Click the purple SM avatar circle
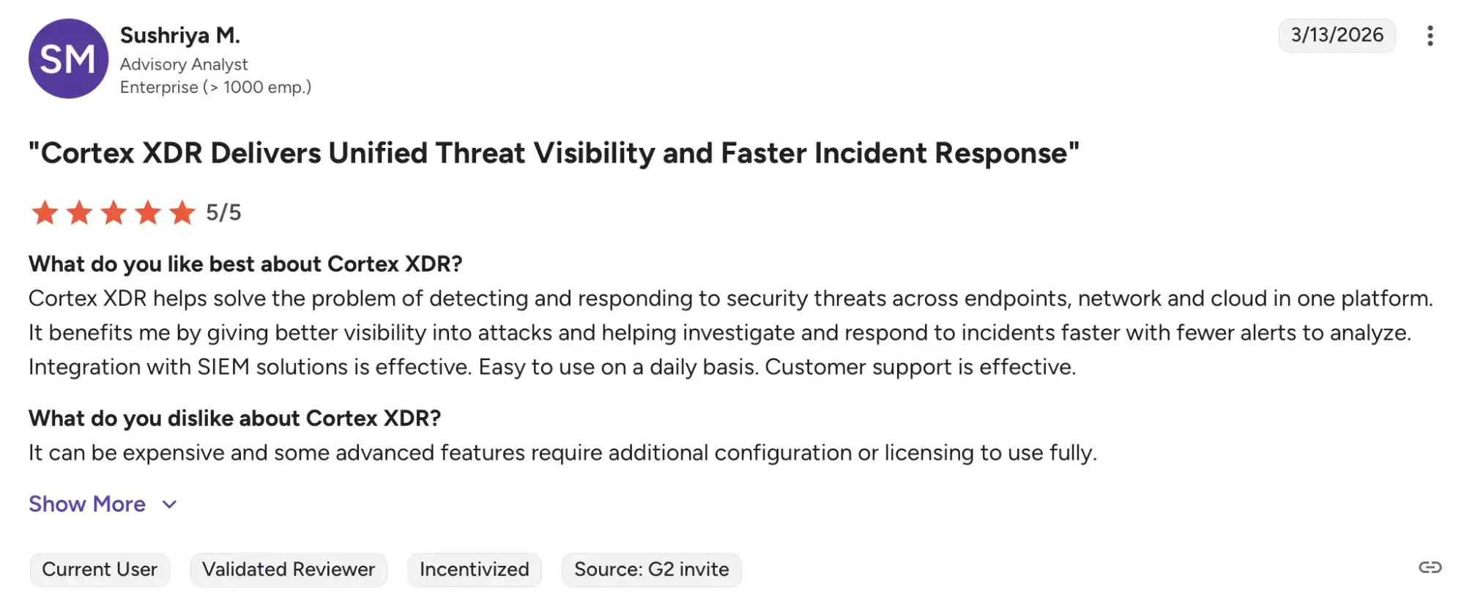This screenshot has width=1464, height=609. coord(68,59)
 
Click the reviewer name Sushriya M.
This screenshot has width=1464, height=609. coord(180,35)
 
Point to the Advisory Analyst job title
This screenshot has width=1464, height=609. coord(184,64)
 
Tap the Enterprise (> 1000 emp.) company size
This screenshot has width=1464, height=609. coord(216,87)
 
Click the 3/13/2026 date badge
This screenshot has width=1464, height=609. coord(1337,35)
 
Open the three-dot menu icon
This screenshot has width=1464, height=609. coord(1430,36)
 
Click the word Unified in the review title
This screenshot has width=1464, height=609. coord(377,153)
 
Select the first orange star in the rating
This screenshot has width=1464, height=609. coord(45,212)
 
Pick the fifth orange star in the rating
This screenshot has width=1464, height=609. coord(182,212)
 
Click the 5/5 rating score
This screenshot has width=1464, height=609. coord(223,212)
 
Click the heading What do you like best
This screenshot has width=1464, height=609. coord(245,264)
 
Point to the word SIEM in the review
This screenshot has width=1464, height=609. coord(223,367)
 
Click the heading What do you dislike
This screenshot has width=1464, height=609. coord(234,418)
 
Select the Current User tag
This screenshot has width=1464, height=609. coord(100,569)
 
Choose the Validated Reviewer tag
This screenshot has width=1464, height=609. coord(289,569)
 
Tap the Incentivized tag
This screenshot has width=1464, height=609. coord(475,569)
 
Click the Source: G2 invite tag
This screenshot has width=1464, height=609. coord(652,569)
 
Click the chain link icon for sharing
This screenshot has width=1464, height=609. coord(1430,567)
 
